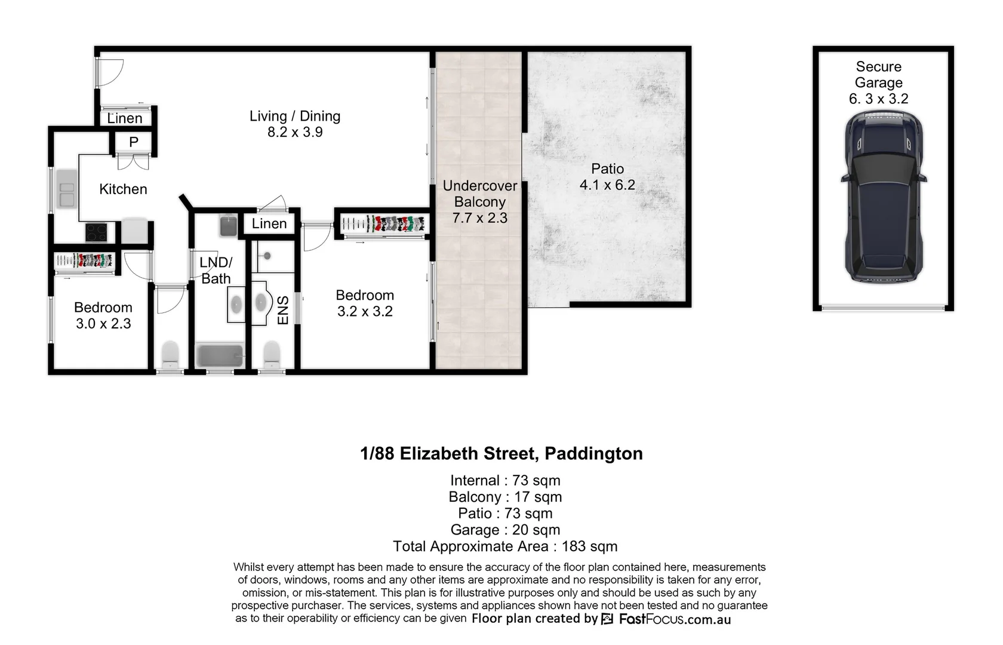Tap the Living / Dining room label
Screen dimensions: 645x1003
click(295, 116)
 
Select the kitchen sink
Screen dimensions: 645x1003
click(66, 189)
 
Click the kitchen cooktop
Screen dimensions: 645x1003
click(96, 232)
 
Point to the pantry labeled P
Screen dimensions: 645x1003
click(134, 142)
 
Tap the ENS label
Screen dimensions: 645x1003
click(283, 310)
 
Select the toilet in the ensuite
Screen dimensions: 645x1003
click(272, 355)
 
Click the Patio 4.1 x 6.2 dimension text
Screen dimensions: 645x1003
click(607, 185)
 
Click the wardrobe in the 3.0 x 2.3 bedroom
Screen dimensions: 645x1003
click(84, 261)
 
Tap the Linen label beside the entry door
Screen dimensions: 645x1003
click(125, 118)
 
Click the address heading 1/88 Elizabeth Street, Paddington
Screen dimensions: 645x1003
click(501, 454)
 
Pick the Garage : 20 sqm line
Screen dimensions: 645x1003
click(505, 530)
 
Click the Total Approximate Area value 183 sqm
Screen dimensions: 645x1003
click(589, 546)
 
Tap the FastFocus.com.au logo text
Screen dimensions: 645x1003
click(675, 619)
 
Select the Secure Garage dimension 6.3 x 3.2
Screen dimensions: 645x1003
click(878, 99)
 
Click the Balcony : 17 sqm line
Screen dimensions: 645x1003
click(505, 497)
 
